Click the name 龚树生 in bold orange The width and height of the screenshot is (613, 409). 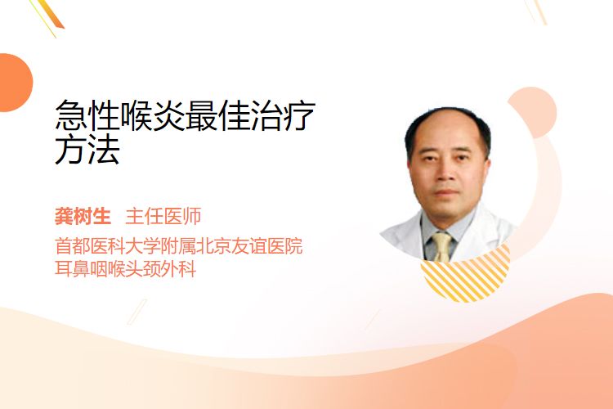pyautogui.click(x=83, y=216)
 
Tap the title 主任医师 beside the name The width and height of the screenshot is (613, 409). pyautogui.click(x=163, y=216)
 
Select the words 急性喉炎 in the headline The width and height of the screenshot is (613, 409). pyautogui.click(x=120, y=116)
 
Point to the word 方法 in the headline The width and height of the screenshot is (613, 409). pyautogui.click(x=87, y=149)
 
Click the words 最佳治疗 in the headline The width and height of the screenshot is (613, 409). pyautogui.click(x=250, y=116)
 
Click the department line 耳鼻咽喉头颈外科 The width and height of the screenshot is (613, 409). pyautogui.click(x=126, y=269)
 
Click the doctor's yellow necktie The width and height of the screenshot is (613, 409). pyautogui.click(x=442, y=246)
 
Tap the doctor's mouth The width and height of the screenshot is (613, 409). pyautogui.click(x=446, y=192)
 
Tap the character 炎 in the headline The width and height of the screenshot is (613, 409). pyautogui.click(x=169, y=116)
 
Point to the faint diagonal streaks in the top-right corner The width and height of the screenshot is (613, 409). pyautogui.click(x=535, y=11)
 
